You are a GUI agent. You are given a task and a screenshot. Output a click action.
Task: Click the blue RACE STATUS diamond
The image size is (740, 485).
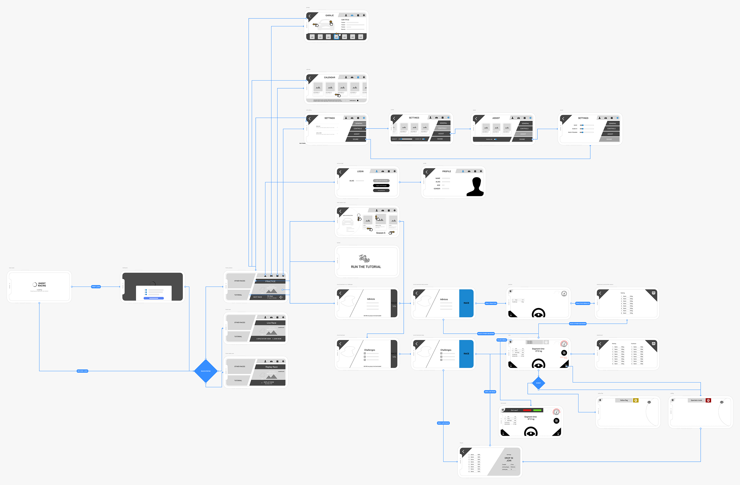click(206, 371)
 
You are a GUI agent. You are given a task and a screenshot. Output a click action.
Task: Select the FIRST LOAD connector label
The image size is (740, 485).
click(96, 287)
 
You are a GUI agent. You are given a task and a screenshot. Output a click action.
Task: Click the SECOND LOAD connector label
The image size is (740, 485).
click(82, 371)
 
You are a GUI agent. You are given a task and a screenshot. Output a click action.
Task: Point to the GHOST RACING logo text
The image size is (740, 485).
click(42, 284)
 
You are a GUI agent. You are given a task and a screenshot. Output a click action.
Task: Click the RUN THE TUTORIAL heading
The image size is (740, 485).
click(366, 267)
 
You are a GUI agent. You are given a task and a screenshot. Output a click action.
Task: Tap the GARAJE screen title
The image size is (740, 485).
click(329, 16)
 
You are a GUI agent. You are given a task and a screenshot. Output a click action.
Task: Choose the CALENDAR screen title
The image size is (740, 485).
click(329, 78)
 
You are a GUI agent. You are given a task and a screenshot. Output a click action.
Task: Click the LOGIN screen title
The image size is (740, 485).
click(360, 171)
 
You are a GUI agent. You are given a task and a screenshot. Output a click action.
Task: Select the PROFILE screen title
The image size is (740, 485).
click(446, 171)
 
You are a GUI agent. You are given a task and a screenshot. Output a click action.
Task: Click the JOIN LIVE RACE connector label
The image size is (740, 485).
click(490, 392)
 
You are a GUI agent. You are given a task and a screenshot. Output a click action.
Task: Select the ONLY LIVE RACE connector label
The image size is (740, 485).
click(443, 423)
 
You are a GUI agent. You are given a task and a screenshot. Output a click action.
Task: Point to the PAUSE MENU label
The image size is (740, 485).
click(502, 340)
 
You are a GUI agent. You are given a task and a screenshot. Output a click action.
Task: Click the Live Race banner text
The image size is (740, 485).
click(271, 323)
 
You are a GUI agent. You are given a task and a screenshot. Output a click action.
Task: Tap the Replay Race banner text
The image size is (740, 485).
click(271, 367)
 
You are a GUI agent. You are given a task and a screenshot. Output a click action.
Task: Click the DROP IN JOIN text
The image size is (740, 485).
click(509, 459)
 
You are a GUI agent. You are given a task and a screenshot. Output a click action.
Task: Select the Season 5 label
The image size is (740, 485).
click(381, 233)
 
